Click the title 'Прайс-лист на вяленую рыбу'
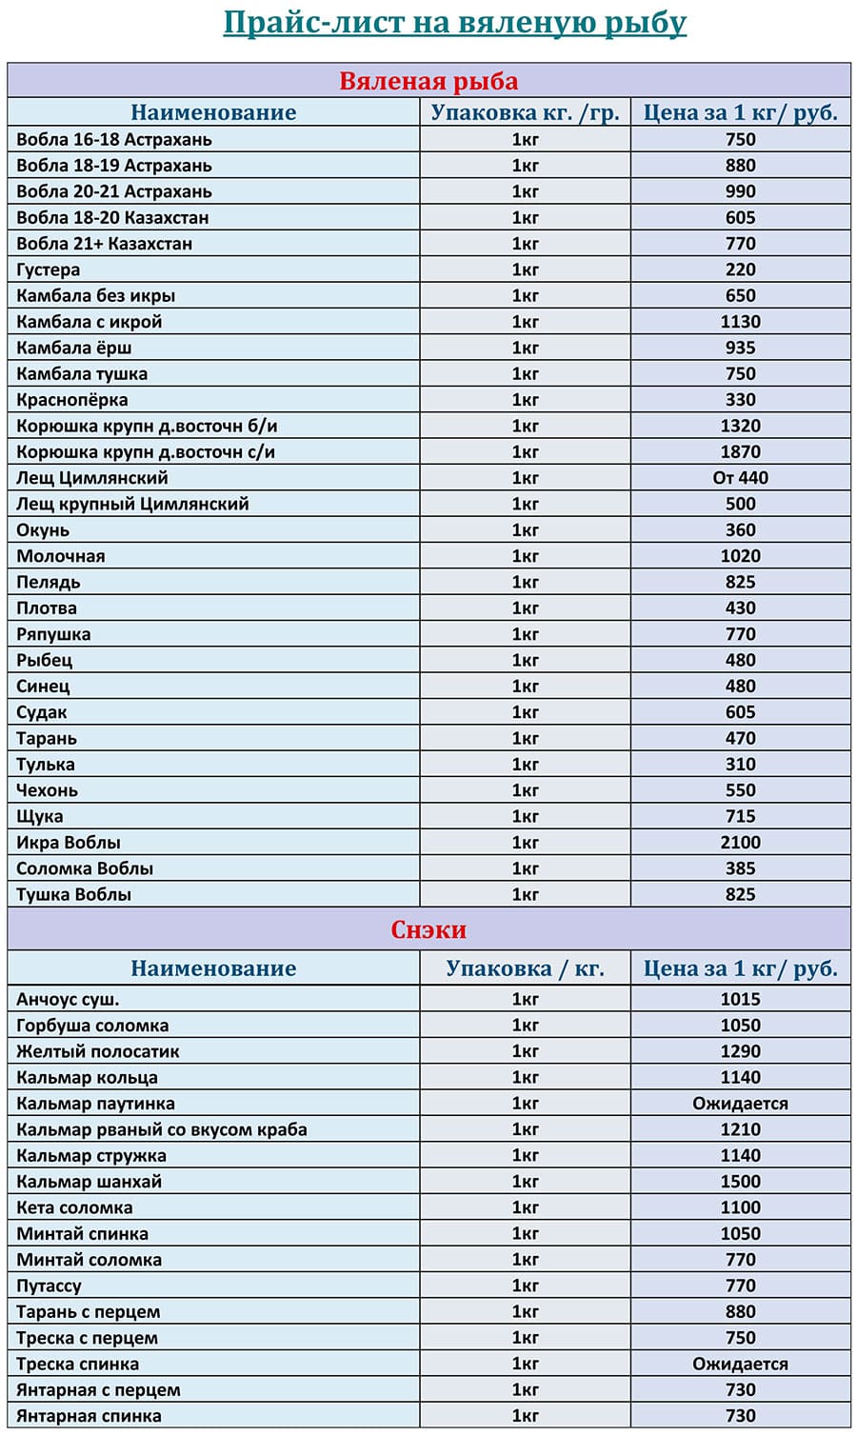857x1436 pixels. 454,22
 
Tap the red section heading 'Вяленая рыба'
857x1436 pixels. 428,81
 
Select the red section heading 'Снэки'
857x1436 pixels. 428,929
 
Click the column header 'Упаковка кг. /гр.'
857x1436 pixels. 525,112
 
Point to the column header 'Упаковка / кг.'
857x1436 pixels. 525,968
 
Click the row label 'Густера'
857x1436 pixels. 49,269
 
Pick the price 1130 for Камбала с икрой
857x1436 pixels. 740,322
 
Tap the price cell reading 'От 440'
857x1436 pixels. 740,478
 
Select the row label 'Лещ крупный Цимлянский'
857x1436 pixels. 132,504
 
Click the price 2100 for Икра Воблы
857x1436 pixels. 740,842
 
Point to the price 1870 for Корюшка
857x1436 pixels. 740,451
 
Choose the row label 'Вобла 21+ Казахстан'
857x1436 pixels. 105,244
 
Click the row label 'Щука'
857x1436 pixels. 40,816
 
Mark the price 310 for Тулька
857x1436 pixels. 740,764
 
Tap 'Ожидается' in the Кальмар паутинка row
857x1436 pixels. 740,1104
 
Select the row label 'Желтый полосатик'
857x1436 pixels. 98,1051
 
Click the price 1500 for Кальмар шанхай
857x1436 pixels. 740,1182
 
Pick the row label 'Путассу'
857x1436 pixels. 50,1286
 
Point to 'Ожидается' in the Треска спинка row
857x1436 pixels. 740,1364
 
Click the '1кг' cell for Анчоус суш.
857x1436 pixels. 525,999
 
